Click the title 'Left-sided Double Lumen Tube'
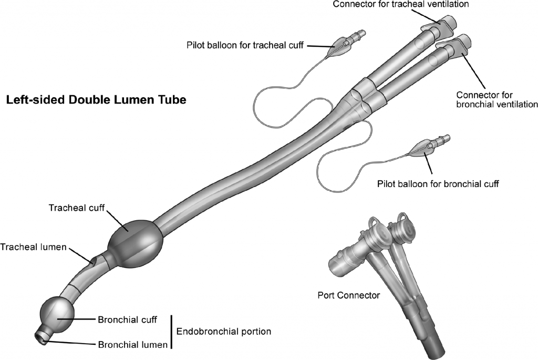pos(96,100)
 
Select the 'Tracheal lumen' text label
pos(34,246)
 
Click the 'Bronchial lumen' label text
pos(133,345)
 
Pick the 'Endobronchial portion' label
pos(223,332)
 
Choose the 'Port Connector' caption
pos(348,295)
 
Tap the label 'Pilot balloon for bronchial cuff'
pos(438,184)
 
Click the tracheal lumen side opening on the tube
pos(94,260)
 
